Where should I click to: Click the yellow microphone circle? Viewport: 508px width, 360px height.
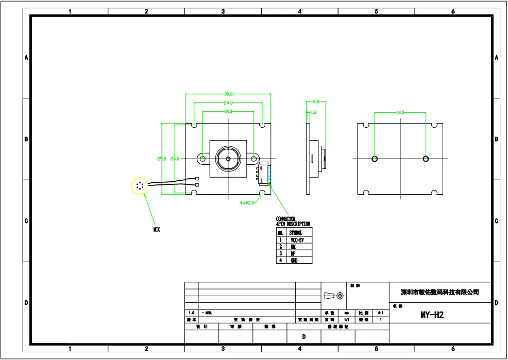[x=140, y=185]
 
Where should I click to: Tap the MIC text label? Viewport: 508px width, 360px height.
[x=157, y=230]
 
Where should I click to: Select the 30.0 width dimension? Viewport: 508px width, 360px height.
[x=228, y=94]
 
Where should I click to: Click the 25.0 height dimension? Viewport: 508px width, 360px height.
[x=162, y=159]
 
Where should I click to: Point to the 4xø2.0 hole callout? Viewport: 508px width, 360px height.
[x=248, y=203]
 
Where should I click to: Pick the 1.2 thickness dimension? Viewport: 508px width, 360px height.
[x=313, y=112]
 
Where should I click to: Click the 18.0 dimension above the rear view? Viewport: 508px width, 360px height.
[x=400, y=112]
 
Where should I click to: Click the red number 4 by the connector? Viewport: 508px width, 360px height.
[x=261, y=168]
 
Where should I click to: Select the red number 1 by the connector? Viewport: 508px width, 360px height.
[x=261, y=180]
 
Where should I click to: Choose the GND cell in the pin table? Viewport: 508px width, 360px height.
[x=294, y=261]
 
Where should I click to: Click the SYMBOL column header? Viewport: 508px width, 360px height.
[x=297, y=233]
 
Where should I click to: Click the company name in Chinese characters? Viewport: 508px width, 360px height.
[x=439, y=293]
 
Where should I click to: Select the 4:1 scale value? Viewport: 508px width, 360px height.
[x=380, y=313]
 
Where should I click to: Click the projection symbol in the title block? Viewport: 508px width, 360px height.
[x=333, y=296]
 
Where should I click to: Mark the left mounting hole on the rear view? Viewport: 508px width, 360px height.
[x=375, y=159]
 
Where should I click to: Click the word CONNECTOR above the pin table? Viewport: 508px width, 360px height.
[x=286, y=219]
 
